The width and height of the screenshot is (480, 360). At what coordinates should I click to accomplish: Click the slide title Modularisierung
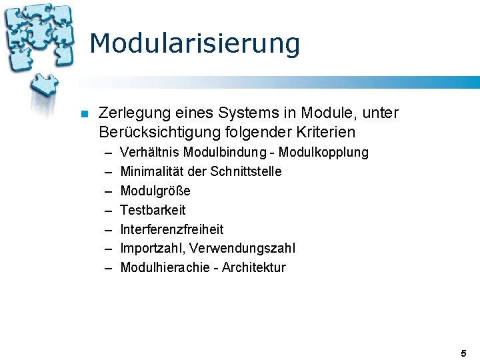pos(194,44)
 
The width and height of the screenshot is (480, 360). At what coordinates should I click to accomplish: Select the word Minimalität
pos(149,171)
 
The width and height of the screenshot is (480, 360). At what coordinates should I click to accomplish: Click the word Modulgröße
pos(155,191)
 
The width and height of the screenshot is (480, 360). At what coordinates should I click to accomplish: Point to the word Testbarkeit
pos(153,210)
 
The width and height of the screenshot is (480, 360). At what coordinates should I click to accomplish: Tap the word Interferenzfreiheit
pos(172,229)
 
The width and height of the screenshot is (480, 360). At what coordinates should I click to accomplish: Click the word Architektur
pos(253,267)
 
